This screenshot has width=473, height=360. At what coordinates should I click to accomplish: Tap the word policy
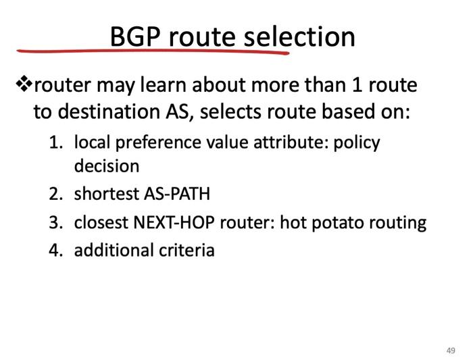[357, 143]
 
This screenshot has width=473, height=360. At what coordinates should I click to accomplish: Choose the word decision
[107, 165]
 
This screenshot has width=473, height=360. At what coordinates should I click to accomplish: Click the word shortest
[106, 195]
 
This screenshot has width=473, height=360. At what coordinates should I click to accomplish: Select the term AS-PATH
[176, 195]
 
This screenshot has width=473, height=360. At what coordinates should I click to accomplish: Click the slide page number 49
[451, 350]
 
